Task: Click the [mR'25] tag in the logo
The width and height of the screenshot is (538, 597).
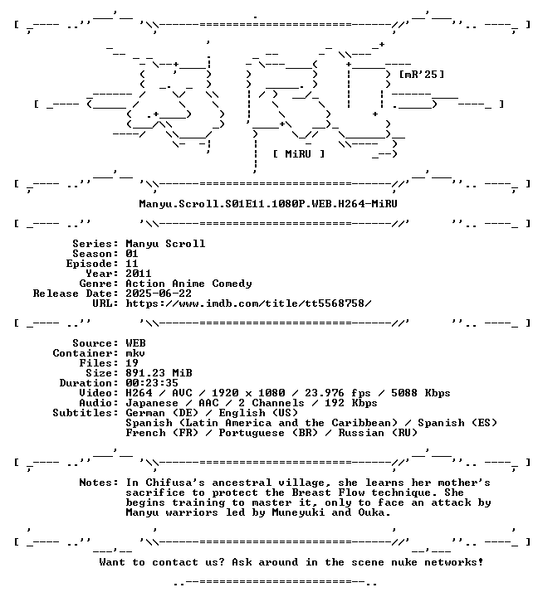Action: pyautogui.click(x=421, y=75)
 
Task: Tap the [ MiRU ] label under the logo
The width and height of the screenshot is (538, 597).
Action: pyautogui.click(x=299, y=154)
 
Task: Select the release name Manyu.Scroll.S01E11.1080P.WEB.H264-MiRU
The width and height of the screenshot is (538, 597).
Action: pyautogui.click(x=268, y=204)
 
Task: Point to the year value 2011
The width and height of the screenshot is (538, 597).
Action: pyautogui.click(x=139, y=274)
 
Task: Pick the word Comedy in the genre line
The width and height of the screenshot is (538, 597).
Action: pyautogui.click(x=232, y=284)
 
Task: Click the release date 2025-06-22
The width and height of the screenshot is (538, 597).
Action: pyautogui.click(x=159, y=294)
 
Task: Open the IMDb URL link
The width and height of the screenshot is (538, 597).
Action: pyautogui.click(x=248, y=303)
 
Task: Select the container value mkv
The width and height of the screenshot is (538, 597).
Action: pyautogui.click(x=135, y=353)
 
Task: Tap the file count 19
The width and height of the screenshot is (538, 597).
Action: pyautogui.click(x=132, y=363)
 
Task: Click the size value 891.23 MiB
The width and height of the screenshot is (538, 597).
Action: pyautogui.click(x=159, y=373)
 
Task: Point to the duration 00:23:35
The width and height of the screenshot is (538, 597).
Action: pyautogui.click(x=152, y=383)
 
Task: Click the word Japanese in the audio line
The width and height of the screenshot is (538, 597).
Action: pyautogui.click(x=152, y=403)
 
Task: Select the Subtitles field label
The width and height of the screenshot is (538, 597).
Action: pyautogui.click(x=86, y=413)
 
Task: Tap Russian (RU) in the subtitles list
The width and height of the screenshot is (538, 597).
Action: pyautogui.click(x=378, y=433)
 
